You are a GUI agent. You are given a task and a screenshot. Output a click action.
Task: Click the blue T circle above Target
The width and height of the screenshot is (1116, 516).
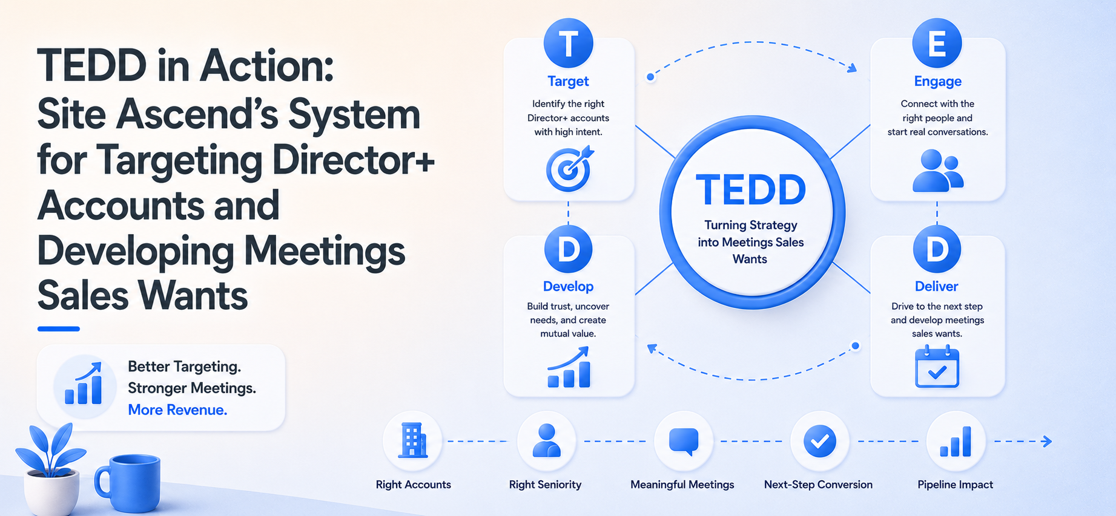click(x=568, y=43)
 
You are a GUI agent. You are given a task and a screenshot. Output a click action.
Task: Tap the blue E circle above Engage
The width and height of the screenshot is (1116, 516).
click(x=937, y=43)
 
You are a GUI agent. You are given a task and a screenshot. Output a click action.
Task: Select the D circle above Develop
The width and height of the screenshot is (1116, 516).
click(x=568, y=249)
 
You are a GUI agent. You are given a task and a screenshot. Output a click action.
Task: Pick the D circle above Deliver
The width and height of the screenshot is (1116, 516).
click(x=937, y=249)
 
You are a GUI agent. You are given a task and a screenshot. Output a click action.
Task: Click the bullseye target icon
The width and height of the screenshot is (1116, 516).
click(x=569, y=169)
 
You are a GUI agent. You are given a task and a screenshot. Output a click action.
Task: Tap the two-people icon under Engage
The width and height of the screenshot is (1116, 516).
click(x=937, y=171)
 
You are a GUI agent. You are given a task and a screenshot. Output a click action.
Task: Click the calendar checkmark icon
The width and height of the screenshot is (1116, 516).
click(x=937, y=367)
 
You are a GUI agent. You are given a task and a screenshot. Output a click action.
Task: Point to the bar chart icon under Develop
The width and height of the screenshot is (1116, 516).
click(x=569, y=367)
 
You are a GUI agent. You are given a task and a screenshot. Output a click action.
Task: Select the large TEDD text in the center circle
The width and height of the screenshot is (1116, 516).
click(x=751, y=190)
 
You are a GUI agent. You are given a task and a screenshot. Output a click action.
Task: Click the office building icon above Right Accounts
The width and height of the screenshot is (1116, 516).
click(x=412, y=440)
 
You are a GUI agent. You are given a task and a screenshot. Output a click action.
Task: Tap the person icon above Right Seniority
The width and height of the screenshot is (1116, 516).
click(x=546, y=440)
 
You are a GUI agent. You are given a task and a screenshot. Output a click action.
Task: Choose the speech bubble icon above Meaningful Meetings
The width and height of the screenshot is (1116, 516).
click(x=684, y=442)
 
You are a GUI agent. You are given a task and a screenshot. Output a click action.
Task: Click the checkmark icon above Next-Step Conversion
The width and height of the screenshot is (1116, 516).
click(x=820, y=441)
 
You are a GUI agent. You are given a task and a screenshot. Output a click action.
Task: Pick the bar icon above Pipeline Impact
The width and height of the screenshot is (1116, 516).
click(x=956, y=442)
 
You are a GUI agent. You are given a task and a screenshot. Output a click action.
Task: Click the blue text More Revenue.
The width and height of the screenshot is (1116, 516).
click(x=177, y=410)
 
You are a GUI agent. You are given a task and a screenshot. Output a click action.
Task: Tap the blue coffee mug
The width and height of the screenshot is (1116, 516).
click(x=128, y=482)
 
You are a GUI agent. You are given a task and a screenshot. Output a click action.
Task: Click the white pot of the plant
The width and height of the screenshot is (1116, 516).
click(x=51, y=492)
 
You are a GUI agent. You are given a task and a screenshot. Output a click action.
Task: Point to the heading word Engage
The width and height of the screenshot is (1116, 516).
click(x=937, y=81)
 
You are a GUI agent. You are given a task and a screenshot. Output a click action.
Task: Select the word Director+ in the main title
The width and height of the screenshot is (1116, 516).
click(x=354, y=160)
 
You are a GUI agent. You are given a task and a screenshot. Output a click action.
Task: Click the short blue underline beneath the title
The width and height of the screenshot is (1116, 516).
click(x=59, y=328)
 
